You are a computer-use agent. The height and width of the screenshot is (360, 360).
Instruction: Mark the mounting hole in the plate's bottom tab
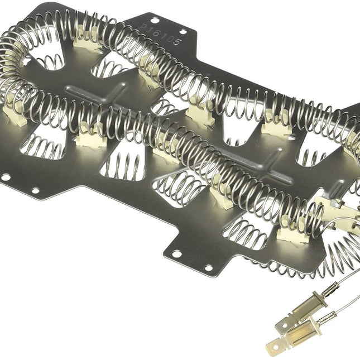[176, 254]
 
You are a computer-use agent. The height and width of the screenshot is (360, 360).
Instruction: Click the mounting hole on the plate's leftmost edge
[6, 177]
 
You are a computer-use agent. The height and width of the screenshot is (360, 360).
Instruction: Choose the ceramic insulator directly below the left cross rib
[90, 136]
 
